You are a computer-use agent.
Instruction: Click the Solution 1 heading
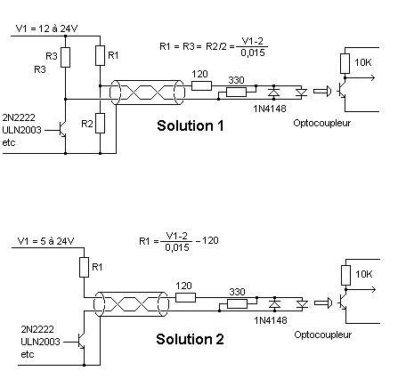tap(191, 125)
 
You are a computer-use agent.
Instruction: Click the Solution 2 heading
tap(190, 339)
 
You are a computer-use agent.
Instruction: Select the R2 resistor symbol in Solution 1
tap(101, 123)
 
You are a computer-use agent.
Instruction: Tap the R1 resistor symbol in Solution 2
tap(85, 267)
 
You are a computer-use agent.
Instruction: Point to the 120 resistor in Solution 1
tap(201, 86)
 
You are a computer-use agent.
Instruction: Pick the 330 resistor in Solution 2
tap(237, 304)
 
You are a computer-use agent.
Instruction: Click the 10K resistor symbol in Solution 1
tap(345, 63)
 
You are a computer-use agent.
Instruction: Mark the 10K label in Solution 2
tap(363, 274)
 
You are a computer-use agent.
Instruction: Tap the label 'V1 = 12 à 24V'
tap(47, 28)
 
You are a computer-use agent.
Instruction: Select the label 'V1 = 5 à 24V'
tap(45, 241)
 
